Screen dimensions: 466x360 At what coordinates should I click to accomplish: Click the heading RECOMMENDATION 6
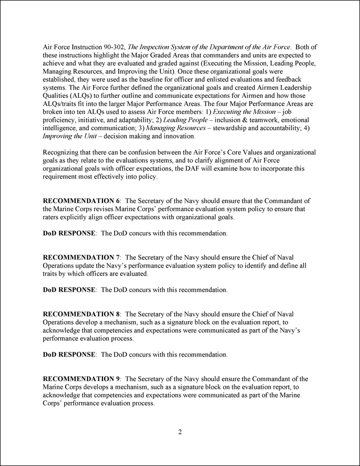(81, 200)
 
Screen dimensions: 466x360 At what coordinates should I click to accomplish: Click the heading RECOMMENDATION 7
(81, 257)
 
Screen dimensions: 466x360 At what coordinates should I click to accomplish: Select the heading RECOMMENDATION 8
(81, 314)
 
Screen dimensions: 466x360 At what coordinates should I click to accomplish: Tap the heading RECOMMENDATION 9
(81, 379)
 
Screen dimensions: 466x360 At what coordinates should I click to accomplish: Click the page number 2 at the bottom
(179, 432)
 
